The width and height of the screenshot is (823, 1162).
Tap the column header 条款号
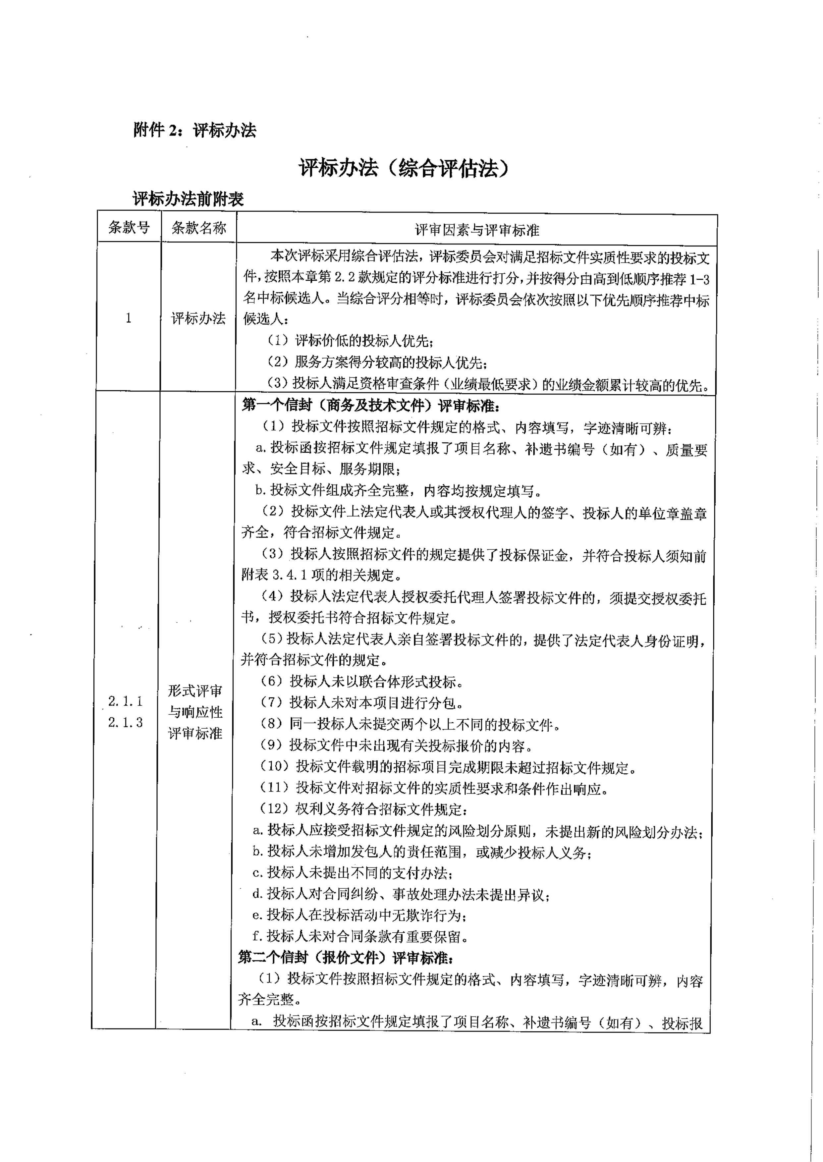(x=129, y=228)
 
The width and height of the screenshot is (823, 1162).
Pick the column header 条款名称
(x=199, y=228)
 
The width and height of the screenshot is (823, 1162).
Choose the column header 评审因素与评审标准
(x=476, y=231)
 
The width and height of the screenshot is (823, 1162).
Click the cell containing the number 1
(x=129, y=318)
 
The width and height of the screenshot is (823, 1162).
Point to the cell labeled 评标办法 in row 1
(x=198, y=318)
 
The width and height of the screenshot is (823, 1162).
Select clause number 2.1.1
(x=126, y=702)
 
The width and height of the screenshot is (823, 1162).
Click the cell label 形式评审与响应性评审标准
(x=195, y=712)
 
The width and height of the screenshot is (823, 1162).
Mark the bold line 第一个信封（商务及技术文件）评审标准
(x=371, y=406)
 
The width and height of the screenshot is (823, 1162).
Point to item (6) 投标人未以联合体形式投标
(x=362, y=682)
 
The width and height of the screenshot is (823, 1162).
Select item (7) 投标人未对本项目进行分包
(x=362, y=703)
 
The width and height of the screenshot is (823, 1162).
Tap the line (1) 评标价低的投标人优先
(x=350, y=341)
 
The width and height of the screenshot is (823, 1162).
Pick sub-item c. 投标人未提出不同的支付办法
(x=353, y=873)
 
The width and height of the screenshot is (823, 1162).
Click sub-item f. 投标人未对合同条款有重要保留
(x=360, y=936)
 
